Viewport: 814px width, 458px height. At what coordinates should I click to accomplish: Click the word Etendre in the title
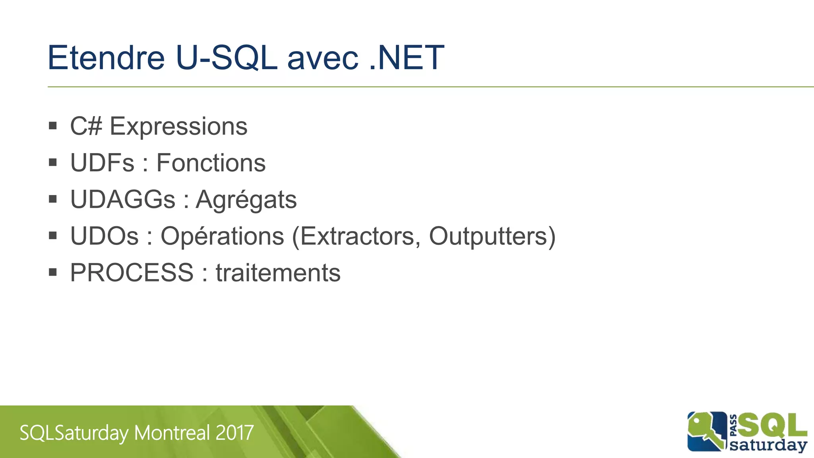pyautogui.click(x=106, y=58)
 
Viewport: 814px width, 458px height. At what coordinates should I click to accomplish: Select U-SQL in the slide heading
pyautogui.click(x=226, y=58)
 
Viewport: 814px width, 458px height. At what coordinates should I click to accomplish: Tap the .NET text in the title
pyautogui.click(x=406, y=58)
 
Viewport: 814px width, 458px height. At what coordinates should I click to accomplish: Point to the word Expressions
pyautogui.click(x=178, y=127)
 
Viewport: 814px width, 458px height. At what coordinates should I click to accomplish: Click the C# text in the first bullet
pyautogui.click(x=86, y=126)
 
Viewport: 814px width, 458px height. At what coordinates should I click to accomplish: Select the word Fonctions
pyautogui.click(x=211, y=163)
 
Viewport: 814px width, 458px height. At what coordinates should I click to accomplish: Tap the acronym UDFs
pyautogui.click(x=102, y=163)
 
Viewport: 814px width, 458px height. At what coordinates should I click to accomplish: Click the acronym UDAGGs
pyautogui.click(x=122, y=200)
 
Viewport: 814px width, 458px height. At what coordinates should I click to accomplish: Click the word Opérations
pyautogui.click(x=222, y=237)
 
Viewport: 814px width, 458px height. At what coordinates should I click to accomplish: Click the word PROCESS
pyautogui.click(x=132, y=273)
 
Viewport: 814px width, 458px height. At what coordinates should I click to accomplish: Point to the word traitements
pyautogui.click(x=278, y=273)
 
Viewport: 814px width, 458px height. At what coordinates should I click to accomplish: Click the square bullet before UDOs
pyautogui.click(x=53, y=235)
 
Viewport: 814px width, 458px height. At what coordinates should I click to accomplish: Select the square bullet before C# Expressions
pyautogui.click(x=53, y=126)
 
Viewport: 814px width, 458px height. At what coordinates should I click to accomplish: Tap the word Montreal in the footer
pyautogui.click(x=172, y=433)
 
